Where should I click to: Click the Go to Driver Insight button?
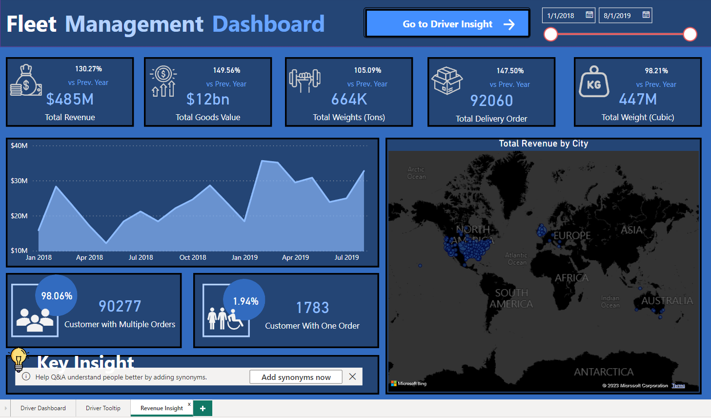click(x=447, y=23)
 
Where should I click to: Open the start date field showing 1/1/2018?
click(x=561, y=16)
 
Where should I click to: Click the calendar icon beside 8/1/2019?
click(x=646, y=15)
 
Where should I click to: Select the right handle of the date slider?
click(x=690, y=34)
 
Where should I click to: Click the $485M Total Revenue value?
click(x=70, y=100)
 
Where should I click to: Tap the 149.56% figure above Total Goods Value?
click(x=226, y=70)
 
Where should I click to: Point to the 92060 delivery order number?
click(x=491, y=101)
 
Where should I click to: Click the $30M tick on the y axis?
click(x=19, y=181)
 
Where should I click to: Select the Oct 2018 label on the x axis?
click(x=193, y=257)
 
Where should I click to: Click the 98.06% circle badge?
click(x=57, y=296)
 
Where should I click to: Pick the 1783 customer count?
click(x=312, y=308)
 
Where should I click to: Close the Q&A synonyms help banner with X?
click(x=352, y=376)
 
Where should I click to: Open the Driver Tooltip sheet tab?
click(x=103, y=408)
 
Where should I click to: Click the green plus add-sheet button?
click(x=203, y=408)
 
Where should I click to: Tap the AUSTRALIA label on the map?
click(x=667, y=301)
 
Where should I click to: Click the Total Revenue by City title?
click(x=543, y=144)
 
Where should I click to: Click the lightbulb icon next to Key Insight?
click(x=19, y=359)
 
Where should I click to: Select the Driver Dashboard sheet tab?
click(x=43, y=408)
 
